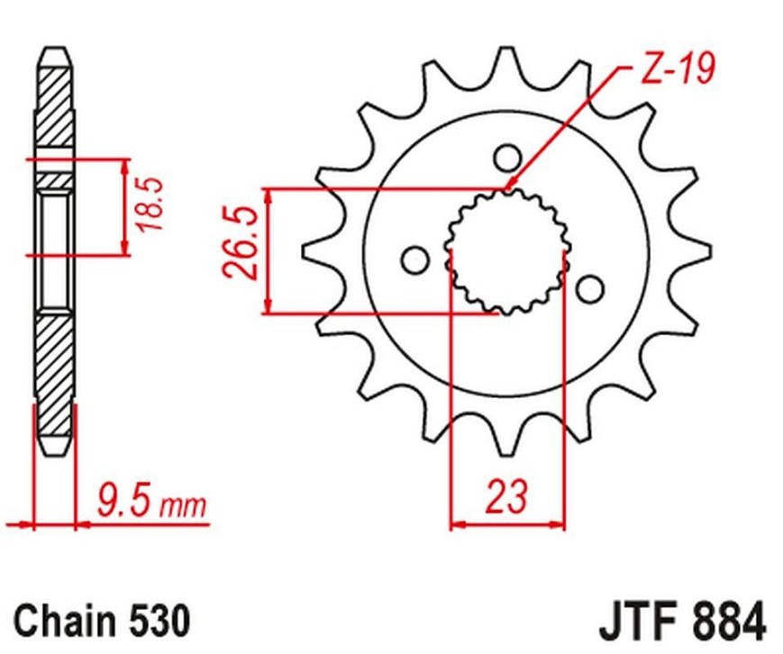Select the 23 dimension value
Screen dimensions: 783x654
(507, 496)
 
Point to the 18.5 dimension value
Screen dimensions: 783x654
(150, 204)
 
